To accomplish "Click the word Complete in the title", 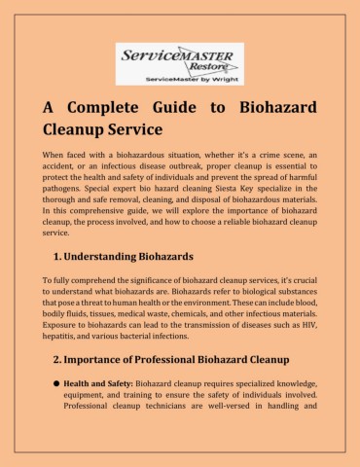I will click(108, 107).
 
